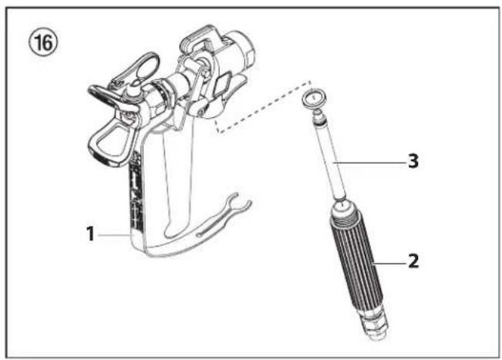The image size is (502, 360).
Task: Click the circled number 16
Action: click(x=41, y=40)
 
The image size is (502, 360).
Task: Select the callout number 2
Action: click(x=413, y=261)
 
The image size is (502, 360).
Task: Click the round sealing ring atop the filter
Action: click(x=312, y=98)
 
